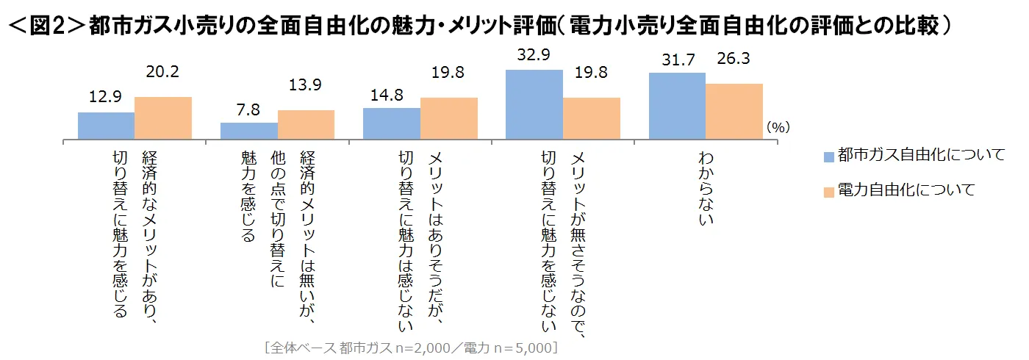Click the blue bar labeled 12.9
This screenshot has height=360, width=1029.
106,126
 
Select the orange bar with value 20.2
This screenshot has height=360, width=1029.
163,118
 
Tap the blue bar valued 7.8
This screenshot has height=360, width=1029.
249,131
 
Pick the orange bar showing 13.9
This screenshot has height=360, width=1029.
306,124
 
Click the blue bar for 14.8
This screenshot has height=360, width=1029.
392,123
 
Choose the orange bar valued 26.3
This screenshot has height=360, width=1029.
734,111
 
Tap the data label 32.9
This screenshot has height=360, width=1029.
534,57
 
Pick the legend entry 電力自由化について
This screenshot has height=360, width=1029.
906,190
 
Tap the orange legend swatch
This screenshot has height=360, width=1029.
829,192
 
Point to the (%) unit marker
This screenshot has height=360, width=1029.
778,127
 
